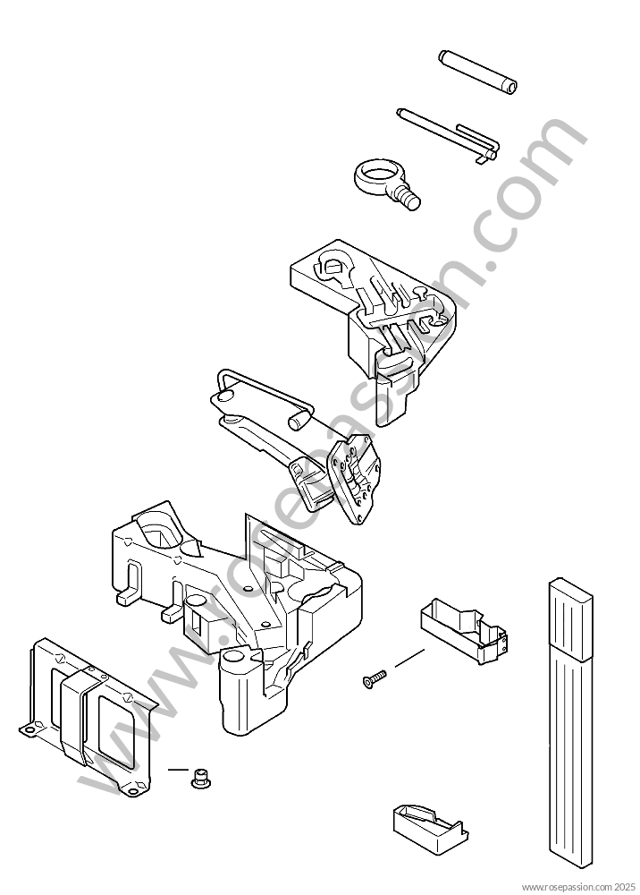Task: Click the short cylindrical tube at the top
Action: click(x=478, y=71)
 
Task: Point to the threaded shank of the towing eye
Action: click(x=408, y=198)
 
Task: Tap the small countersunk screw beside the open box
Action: click(x=374, y=678)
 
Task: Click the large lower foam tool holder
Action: click(x=237, y=617)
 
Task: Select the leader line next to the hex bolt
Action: click(x=178, y=769)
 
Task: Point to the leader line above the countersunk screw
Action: click(x=409, y=658)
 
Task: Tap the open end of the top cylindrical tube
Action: click(x=512, y=87)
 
